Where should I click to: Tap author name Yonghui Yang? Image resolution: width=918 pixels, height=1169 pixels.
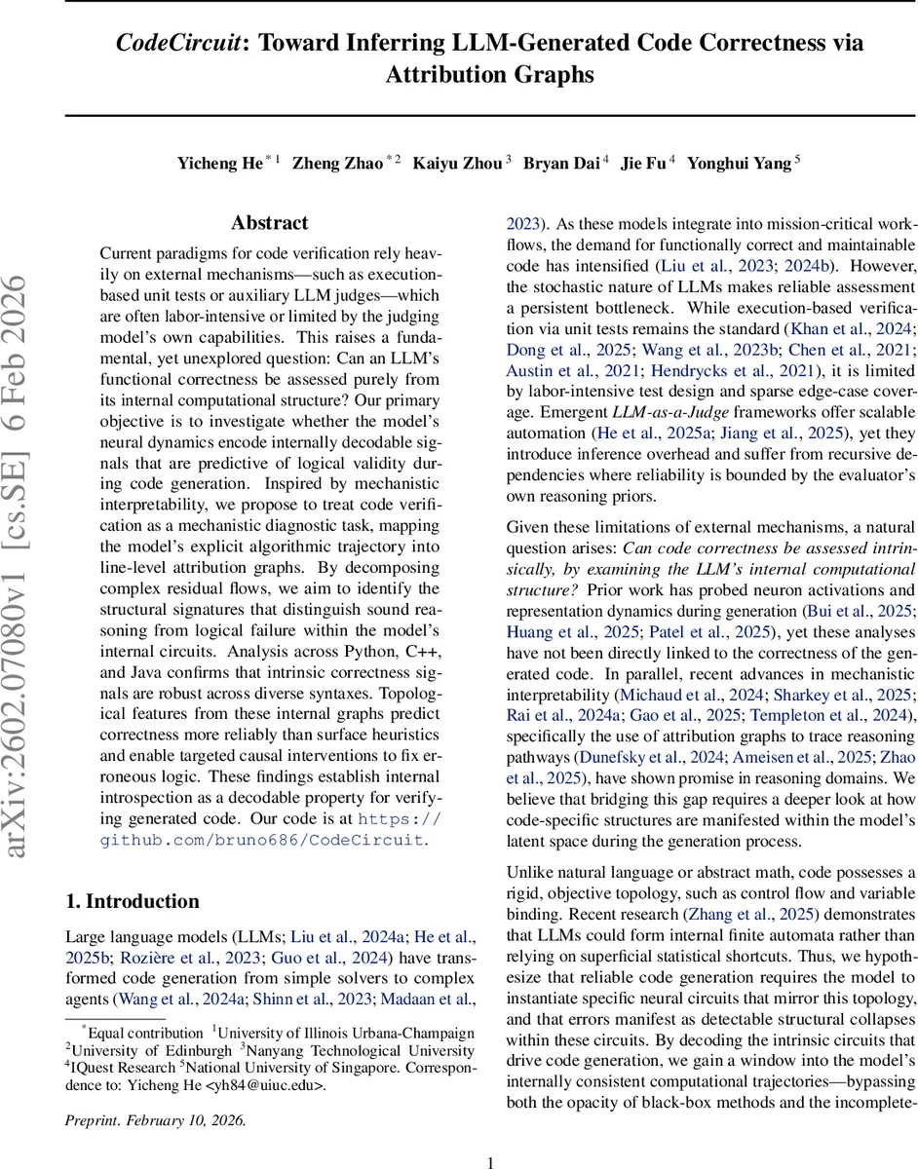pos(740,163)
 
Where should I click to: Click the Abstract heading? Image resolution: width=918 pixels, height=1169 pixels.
pos(270,223)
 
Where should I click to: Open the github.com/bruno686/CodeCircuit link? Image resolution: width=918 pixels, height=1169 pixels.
pos(262,839)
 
